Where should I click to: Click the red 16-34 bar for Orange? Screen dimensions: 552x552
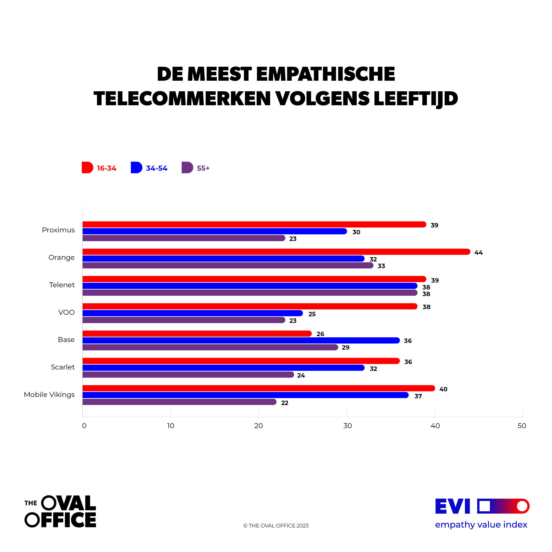(x=276, y=252)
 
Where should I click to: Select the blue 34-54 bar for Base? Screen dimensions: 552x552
(x=241, y=340)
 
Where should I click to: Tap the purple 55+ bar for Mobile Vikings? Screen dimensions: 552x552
(x=179, y=402)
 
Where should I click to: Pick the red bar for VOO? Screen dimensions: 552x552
(x=250, y=306)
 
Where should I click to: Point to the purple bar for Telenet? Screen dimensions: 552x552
(x=250, y=293)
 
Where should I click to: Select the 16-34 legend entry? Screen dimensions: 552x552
(x=99, y=168)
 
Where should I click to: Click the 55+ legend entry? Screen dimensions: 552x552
(x=196, y=168)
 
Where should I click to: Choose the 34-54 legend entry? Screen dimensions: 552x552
(x=149, y=168)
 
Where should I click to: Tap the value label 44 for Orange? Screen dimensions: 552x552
(x=479, y=253)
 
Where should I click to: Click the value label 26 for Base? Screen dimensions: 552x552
(x=320, y=334)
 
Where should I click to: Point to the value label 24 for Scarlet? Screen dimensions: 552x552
(x=301, y=375)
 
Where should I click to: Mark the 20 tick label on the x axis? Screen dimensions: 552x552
(x=259, y=426)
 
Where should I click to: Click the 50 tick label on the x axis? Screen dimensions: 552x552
(x=522, y=426)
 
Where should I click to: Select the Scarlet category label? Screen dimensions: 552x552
(x=63, y=367)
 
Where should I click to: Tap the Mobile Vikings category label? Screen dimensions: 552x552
(x=49, y=394)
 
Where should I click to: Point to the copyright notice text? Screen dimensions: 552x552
(x=276, y=526)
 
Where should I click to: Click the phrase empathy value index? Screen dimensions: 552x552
(x=481, y=525)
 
